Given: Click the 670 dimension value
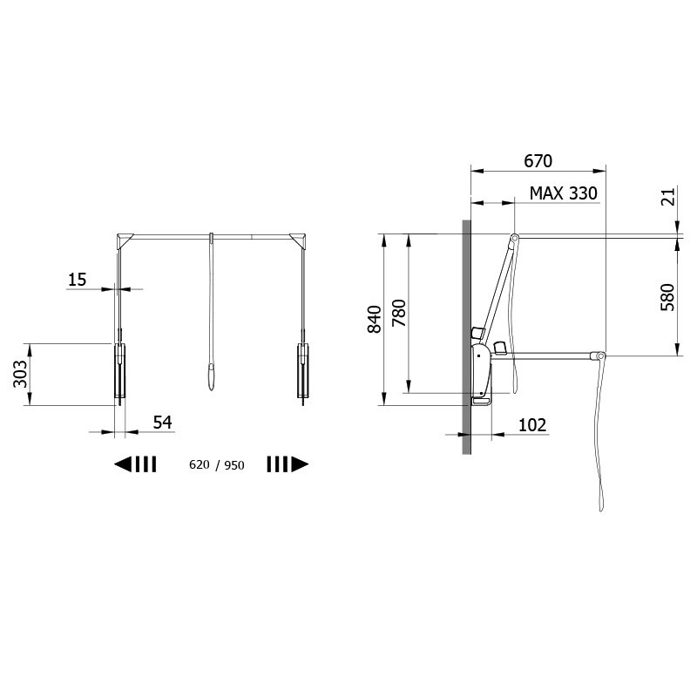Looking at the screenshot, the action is click(538, 161).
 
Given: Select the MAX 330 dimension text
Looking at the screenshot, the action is click(563, 193).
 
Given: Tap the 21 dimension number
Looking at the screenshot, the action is click(667, 197).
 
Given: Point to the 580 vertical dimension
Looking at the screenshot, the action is click(667, 297).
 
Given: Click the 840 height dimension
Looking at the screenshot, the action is click(375, 319).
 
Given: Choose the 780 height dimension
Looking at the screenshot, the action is click(399, 313).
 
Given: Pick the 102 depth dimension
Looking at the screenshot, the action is click(532, 425).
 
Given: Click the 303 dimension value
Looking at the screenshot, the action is click(20, 374).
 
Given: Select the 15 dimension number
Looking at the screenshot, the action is click(77, 280).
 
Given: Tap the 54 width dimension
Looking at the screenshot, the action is click(162, 422).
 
